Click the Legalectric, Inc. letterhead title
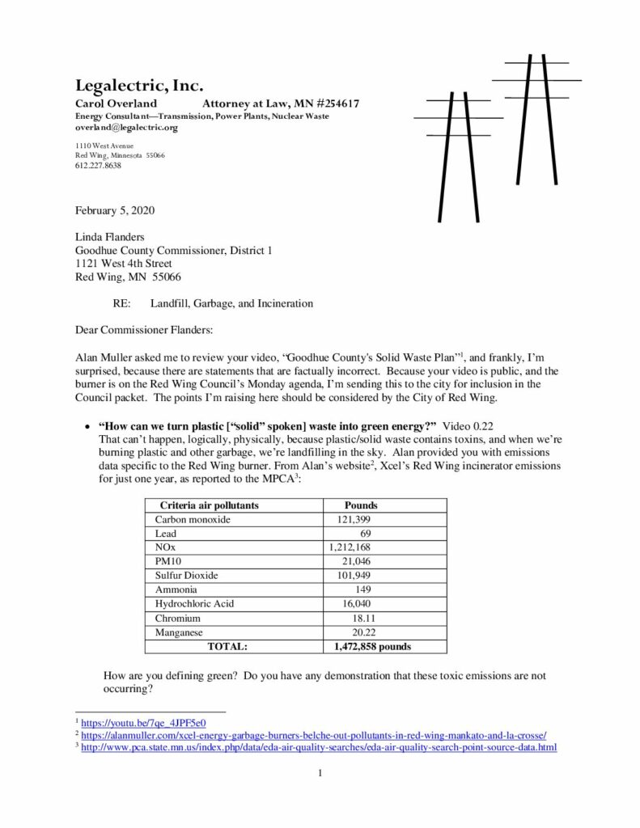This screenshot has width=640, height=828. (x=138, y=86)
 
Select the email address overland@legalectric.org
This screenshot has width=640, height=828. (x=126, y=128)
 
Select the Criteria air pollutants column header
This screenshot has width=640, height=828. (x=209, y=505)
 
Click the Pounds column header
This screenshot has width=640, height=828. (x=361, y=505)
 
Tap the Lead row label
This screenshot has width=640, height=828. (x=166, y=534)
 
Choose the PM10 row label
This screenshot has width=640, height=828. (x=169, y=562)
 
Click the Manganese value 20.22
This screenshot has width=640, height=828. (x=358, y=632)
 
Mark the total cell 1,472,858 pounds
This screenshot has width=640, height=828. (x=372, y=647)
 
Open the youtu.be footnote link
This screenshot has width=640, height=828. (x=143, y=722)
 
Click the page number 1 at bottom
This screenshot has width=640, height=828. (x=320, y=773)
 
